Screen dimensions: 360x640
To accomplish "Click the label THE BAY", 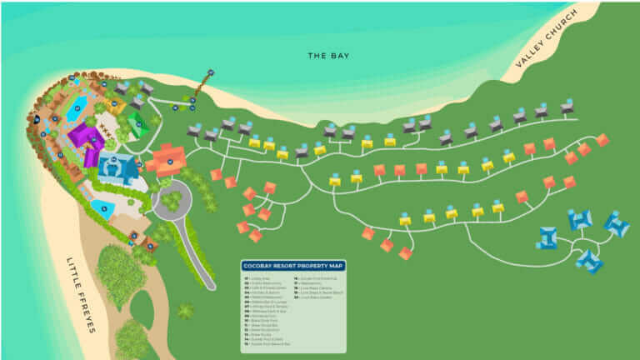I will (x=328, y=56).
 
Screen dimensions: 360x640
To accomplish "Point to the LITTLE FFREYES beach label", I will (x=81, y=294).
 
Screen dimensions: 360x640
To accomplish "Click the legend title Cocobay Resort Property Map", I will (x=292, y=266).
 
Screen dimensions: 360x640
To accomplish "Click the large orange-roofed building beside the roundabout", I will (x=169, y=157).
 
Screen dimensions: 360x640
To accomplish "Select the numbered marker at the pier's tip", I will (x=211, y=72).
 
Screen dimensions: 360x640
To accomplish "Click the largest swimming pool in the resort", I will (x=76, y=108).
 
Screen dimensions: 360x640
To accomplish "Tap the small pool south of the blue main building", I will (x=103, y=207).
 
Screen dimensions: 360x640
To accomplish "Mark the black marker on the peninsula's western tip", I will (x=36, y=119).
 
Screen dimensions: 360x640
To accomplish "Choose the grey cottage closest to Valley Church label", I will (x=567, y=107).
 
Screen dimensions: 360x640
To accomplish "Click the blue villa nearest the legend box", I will (x=547, y=237).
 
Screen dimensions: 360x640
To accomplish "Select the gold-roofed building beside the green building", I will (x=117, y=106).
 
